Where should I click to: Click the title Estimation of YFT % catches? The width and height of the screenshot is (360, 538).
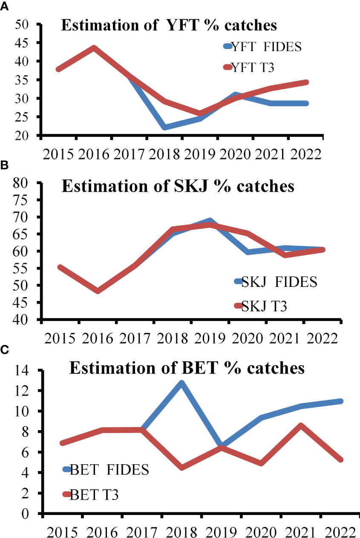tap(169, 25)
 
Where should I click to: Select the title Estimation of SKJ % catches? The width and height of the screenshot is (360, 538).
tap(178, 186)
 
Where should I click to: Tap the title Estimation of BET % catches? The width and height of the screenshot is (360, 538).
tap(187, 367)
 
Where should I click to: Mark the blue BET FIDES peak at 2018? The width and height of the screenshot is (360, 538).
tap(181, 383)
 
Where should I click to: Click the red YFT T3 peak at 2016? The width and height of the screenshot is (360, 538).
tap(94, 48)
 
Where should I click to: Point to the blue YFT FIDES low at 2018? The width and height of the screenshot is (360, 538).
tap(165, 127)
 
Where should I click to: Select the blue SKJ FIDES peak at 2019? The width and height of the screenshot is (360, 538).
tap(210, 221)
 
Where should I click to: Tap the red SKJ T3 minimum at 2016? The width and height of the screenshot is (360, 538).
tap(98, 291)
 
